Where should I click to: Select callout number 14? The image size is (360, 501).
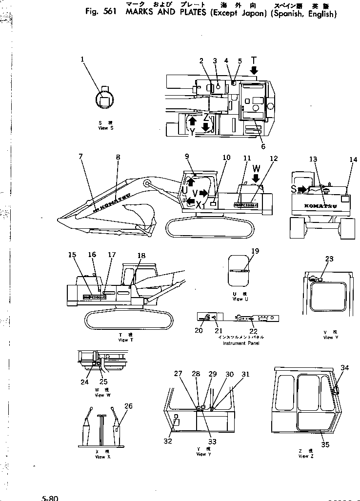tap(353, 160)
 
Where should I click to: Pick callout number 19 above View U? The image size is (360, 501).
tap(255, 251)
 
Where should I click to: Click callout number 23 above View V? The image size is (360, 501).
tap(329, 259)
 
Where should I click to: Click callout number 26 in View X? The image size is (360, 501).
tap(128, 406)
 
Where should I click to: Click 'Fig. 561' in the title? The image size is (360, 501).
tap(99, 14)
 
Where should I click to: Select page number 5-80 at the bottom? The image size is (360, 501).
tap(50, 498)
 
